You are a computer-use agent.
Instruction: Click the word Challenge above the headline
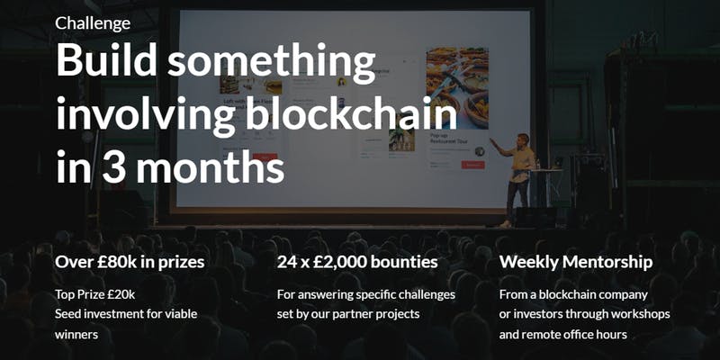click(93, 23)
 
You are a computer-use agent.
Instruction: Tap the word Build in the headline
click(106, 60)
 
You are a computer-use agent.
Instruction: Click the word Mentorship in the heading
click(607, 262)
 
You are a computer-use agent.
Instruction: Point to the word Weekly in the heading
click(529, 262)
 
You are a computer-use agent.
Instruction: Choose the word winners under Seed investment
click(76, 335)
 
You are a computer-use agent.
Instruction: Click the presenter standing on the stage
click(515, 180)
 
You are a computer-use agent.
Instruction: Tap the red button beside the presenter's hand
click(473, 165)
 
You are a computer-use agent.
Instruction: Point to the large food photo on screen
click(457, 88)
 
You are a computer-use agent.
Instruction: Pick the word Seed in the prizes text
click(66, 314)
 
